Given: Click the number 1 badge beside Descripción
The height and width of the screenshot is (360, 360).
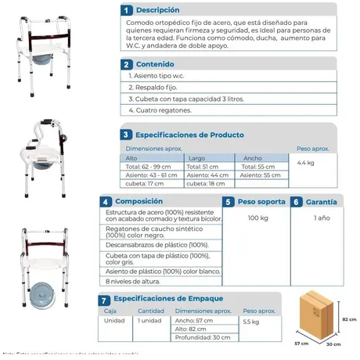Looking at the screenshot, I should click(105, 10).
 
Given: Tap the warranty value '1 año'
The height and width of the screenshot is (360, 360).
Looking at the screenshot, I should click(321, 218).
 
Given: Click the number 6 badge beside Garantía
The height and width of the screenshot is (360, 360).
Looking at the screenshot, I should click(297, 201).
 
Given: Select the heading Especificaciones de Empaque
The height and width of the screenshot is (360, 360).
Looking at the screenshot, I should click(168, 299).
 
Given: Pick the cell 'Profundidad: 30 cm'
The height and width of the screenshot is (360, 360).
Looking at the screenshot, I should click(202, 337).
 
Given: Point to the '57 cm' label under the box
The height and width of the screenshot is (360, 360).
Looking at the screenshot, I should click(298, 344).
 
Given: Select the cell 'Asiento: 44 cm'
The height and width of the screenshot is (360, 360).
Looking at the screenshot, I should click(207, 175).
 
